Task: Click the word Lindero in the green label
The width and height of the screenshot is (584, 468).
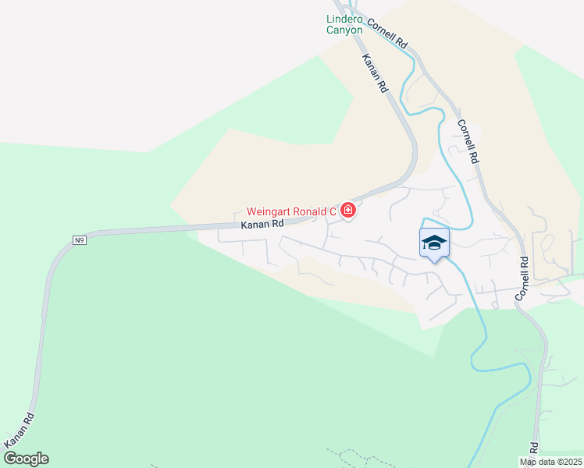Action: click(344, 19)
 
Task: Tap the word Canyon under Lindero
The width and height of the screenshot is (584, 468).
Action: click(344, 30)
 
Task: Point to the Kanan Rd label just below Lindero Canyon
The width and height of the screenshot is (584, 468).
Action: click(375, 74)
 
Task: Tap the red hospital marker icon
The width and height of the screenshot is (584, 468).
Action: click(348, 211)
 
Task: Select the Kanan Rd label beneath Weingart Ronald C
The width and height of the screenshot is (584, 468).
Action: click(262, 224)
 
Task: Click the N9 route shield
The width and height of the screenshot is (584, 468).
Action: click(79, 239)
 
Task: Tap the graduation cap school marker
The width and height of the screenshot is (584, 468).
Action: click(434, 243)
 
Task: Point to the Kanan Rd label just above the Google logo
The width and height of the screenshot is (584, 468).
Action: click(19, 429)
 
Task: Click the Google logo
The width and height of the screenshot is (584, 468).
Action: click(26, 459)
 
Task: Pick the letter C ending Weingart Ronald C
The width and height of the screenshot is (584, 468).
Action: click(333, 211)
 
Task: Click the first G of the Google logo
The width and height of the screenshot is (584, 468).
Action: click(9, 459)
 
